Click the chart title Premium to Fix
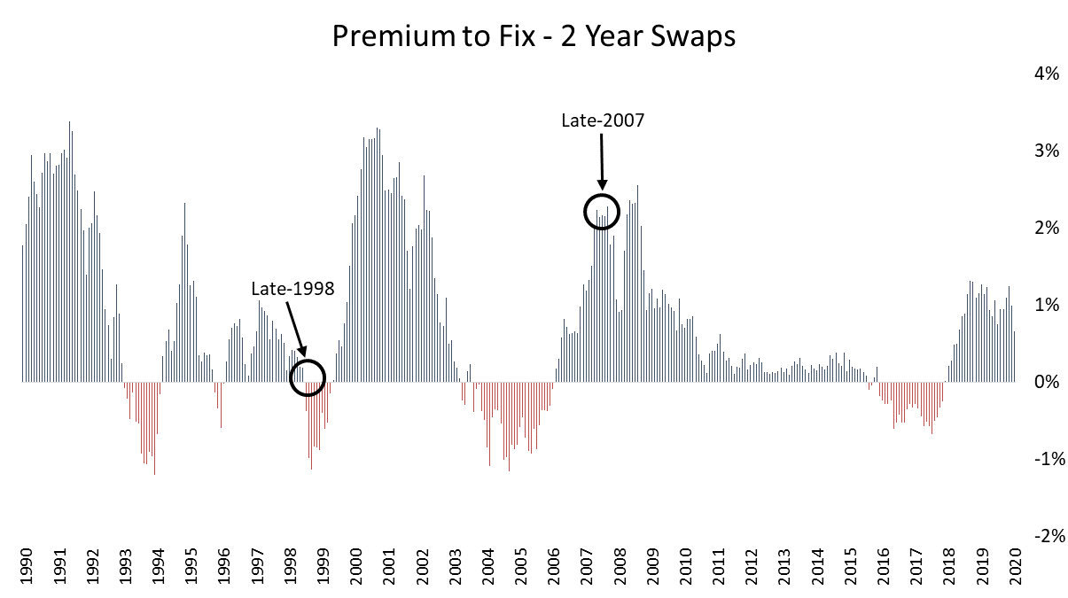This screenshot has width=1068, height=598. pyautogui.click(x=534, y=36)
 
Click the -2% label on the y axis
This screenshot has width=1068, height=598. pyautogui.click(x=1042, y=536)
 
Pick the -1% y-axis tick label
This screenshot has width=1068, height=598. pyautogui.click(x=1042, y=459)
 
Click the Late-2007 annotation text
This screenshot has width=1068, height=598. pyautogui.click(x=602, y=120)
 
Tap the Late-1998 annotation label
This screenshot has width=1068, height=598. pyautogui.click(x=292, y=289)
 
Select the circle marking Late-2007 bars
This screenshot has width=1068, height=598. pyautogui.click(x=602, y=212)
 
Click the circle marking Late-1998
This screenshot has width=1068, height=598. pyautogui.click(x=308, y=377)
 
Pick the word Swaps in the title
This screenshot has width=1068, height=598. pyautogui.click(x=692, y=36)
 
